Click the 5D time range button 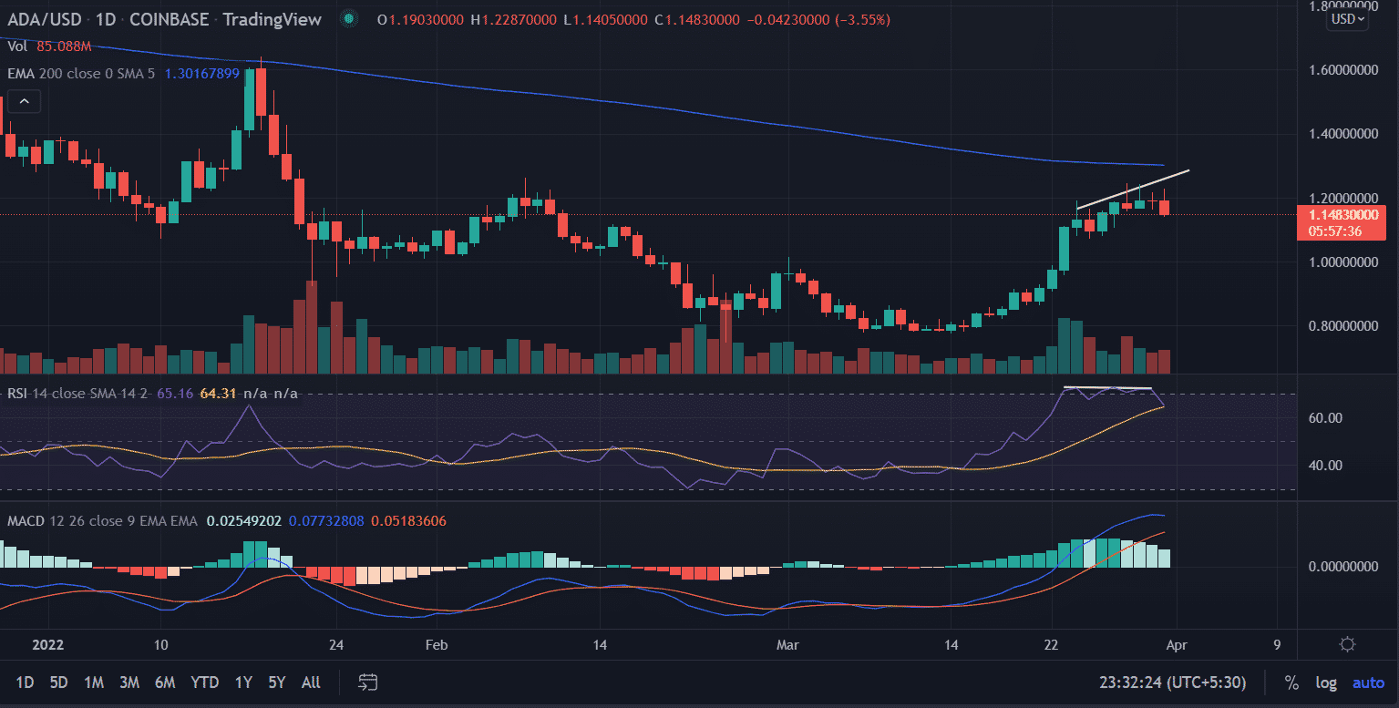pos(58,682)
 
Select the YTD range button pos(204,682)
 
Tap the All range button pos(311,682)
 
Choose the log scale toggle pos(1325,682)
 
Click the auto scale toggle pos(1368,682)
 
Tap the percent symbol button pos(1291,682)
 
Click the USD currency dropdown pos(1348,18)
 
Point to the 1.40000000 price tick pos(1344,134)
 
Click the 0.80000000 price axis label pos(1344,325)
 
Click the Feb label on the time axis pos(437,645)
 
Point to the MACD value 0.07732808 pos(326,521)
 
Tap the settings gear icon pos(1347,645)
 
